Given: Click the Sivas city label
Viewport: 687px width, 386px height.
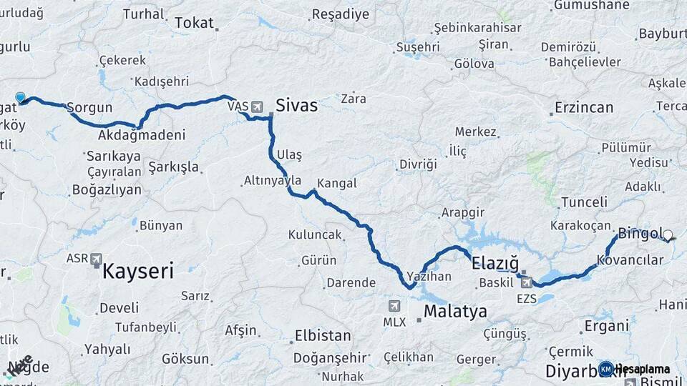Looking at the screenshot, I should point(296,105).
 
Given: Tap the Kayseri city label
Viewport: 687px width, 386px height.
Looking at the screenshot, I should point(138,271).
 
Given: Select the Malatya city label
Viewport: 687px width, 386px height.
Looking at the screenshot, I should point(455,312).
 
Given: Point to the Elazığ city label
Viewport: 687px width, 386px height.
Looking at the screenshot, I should point(495,263).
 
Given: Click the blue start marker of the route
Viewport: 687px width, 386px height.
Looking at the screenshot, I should point(20,97).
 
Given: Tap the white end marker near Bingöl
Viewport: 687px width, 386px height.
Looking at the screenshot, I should point(668,234).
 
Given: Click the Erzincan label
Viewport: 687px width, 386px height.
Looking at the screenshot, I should point(584,108).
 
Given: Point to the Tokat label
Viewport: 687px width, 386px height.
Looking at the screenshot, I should point(194,24).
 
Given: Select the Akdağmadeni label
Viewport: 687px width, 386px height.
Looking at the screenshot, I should point(142,134).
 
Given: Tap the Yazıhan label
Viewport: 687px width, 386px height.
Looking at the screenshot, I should point(429,275).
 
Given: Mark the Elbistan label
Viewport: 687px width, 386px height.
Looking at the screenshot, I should point(323,335).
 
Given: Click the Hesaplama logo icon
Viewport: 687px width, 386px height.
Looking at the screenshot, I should point(605,369).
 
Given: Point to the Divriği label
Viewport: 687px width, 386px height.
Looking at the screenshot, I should point(417,164).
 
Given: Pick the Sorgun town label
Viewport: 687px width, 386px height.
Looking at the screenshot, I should point(90,109).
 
